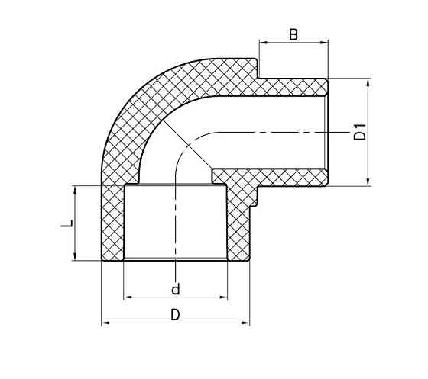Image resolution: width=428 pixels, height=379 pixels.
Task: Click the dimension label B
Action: [293, 34]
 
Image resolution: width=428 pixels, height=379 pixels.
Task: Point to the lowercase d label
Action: [175, 289]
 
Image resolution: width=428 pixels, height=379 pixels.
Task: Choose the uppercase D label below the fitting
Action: [175, 315]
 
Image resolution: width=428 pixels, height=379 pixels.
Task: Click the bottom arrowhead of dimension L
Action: [76, 257]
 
